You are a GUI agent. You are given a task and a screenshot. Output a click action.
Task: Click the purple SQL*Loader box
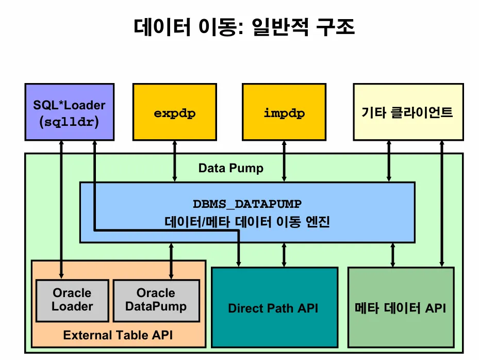click(x=69, y=112)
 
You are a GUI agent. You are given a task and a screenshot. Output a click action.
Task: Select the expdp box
click(x=175, y=112)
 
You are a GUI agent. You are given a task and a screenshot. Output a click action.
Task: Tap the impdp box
click(x=284, y=112)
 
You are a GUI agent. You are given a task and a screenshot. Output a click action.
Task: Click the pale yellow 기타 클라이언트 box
click(x=408, y=112)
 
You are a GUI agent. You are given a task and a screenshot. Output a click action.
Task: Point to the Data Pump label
click(x=230, y=168)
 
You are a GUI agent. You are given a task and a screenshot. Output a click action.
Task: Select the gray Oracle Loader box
click(x=72, y=300)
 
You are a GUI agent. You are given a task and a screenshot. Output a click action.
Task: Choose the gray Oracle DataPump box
click(x=156, y=300)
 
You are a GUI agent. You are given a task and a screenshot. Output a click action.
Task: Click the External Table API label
click(x=118, y=335)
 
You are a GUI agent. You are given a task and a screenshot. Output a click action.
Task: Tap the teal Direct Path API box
click(x=274, y=308)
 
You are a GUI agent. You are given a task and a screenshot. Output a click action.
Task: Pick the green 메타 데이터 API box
click(x=401, y=308)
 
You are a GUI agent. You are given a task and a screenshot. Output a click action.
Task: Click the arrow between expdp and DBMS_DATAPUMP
click(x=175, y=161)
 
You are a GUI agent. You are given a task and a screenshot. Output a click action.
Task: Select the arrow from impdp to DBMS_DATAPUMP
click(x=284, y=161)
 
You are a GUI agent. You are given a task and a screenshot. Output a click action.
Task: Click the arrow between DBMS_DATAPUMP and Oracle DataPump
click(x=171, y=261)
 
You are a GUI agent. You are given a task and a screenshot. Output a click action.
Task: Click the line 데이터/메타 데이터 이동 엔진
click(x=247, y=222)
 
